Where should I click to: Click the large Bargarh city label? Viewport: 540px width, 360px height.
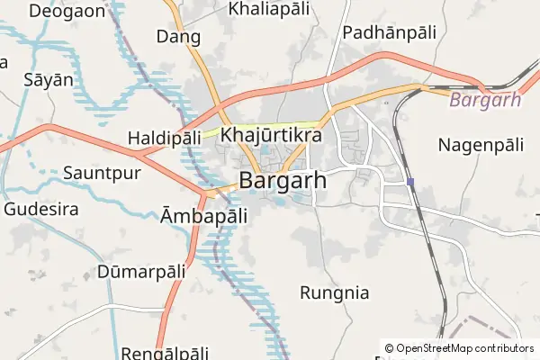coord(283,181)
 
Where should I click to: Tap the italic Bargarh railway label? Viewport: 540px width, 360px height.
coord(485,100)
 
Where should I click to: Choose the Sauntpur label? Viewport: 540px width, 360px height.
coord(102,173)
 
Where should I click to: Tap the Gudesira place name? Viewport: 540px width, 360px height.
coord(41,209)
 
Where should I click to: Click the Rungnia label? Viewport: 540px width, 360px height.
coord(334,292)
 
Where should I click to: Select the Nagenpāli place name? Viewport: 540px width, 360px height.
coord(481,144)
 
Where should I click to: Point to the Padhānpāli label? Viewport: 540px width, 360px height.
coord(389,31)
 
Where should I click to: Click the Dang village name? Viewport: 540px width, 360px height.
coord(178,37)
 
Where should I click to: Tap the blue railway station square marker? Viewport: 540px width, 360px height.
coord(410,183)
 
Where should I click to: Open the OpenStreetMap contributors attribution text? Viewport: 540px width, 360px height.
coord(464,348)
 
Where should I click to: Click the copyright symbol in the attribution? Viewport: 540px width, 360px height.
coord(389,348)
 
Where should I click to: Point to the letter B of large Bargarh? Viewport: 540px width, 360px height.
coord(247,181)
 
